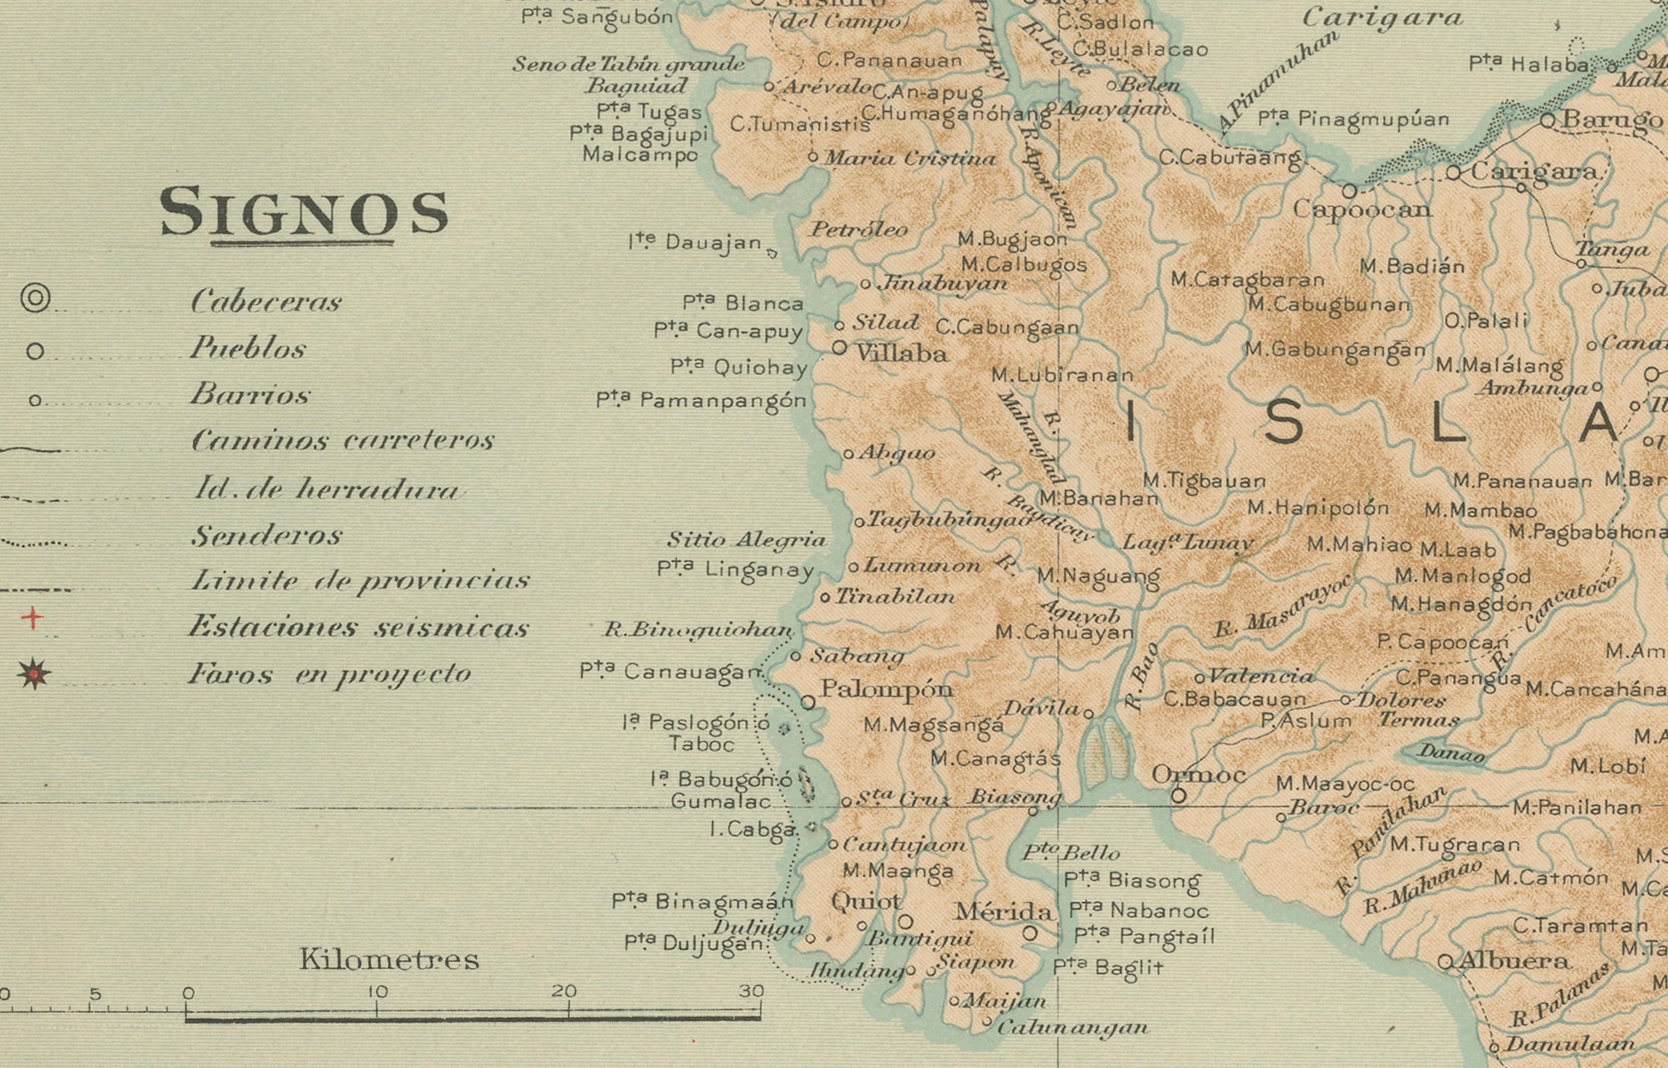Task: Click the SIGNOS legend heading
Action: pos(303,212)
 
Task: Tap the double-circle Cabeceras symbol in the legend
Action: pos(35,298)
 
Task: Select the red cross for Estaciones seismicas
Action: pos(32,618)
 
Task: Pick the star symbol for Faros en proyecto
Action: pos(34,673)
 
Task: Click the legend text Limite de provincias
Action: pos(360,580)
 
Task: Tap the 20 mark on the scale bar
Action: pos(564,992)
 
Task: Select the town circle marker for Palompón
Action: pos(808,703)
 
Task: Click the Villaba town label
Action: pos(902,353)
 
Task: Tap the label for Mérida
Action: pos(1003,911)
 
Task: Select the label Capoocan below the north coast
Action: pos(1362,209)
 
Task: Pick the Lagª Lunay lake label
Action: pos(1187,542)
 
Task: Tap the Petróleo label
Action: pos(859,229)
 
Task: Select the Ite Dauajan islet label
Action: pos(695,242)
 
